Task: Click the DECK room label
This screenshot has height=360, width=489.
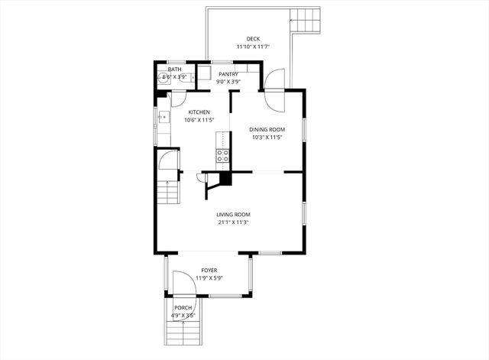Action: [252, 39]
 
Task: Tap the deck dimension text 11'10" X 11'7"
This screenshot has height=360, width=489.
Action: [252, 47]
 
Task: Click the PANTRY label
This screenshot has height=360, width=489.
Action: [228, 74]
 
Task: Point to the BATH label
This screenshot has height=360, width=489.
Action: [175, 70]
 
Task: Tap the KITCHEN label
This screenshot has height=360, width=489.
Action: [199, 112]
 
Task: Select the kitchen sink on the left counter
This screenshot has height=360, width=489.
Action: [164, 117]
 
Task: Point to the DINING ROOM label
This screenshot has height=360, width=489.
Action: [267, 130]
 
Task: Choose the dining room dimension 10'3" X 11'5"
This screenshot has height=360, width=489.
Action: [267, 138]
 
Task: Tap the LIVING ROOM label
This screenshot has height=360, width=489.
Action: [234, 215]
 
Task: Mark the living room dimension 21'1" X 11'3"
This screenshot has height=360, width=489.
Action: [234, 222]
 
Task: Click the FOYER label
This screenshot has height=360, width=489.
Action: [209, 271]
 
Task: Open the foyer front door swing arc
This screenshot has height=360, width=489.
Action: [182, 285]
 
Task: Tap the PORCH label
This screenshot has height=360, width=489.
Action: [183, 307]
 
